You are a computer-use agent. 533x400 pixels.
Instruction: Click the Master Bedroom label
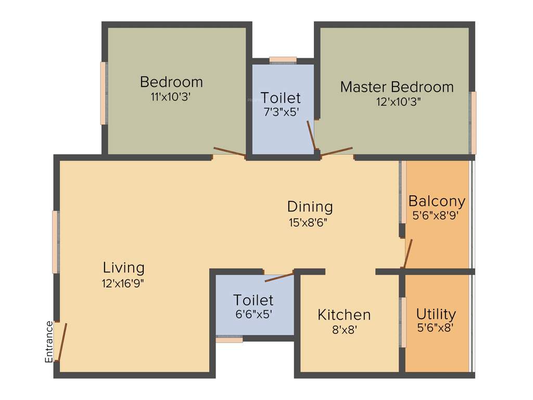tap(397, 86)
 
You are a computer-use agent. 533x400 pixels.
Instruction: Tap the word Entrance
tap(49, 342)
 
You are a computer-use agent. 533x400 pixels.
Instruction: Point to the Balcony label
tap(437, 201)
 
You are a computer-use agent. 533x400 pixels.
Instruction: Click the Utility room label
tap(436, 314)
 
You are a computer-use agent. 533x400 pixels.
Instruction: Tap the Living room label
tap(123, 268)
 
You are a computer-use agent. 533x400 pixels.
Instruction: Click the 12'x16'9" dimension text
tap(123, 283)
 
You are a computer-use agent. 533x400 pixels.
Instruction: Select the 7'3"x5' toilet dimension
tap(281, 111)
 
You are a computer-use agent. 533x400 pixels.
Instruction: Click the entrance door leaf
tap(62, 342)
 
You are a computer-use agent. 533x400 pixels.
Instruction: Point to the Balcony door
tap(408, 254)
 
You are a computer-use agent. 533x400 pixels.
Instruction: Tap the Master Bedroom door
tap(337, 152)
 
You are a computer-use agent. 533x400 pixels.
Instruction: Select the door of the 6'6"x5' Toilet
tap(279, 277)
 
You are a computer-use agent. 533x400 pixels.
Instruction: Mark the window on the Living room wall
tap(55, 242)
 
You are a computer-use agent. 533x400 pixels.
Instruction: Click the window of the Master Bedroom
tap(473, 123)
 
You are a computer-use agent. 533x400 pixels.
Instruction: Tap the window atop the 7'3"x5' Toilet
tap(283, 60)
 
